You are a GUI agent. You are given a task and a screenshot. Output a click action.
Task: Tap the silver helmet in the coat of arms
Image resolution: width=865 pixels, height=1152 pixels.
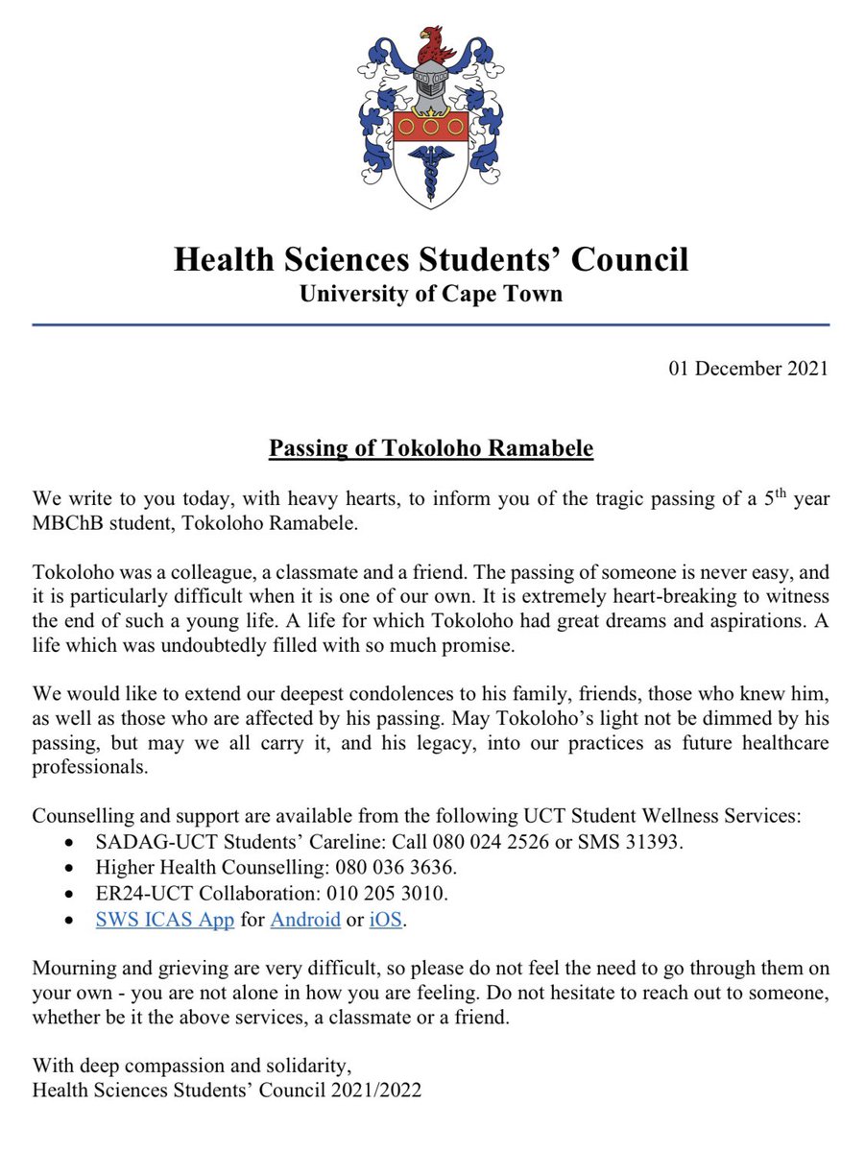coord(431,89)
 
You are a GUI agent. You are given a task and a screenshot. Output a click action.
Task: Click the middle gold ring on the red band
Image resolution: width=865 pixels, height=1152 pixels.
coord(431,125)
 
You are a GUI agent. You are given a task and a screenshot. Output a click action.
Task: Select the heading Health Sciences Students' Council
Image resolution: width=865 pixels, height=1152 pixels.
coord(431,260)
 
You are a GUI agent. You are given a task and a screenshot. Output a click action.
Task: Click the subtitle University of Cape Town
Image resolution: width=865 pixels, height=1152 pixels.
coord(431,294)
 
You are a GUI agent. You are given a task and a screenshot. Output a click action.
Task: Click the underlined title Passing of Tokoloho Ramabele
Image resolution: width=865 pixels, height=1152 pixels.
coord(431,449)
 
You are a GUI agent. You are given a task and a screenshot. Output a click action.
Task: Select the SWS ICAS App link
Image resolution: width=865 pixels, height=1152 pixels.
coord(165,919)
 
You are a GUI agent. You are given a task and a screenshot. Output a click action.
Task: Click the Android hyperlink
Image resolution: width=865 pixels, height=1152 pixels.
coord(305,919)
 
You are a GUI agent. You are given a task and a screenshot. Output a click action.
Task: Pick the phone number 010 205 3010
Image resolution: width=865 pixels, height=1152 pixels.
coord(394,893)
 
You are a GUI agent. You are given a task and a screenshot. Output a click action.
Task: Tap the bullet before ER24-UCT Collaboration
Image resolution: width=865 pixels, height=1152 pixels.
coord(66,894)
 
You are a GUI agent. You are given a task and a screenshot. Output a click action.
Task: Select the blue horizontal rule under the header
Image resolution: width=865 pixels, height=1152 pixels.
coord(431,325)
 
